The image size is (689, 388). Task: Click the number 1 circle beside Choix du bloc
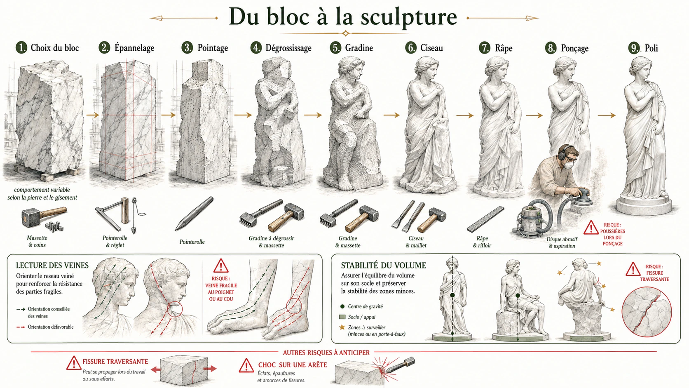coord(21,48)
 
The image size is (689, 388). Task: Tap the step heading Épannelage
coord(134,48)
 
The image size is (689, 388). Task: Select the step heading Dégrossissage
coord(288,48)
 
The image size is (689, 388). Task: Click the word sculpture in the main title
coord(409,17)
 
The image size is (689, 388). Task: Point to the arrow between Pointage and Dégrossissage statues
coord(243,115)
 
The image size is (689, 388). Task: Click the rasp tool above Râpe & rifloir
coord(486,219)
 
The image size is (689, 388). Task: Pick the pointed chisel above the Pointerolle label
coord(194,214)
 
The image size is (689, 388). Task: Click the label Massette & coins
coord(37,242)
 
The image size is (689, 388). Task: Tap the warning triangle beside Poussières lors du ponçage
coord(591,227)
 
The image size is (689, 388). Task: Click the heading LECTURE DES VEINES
coord(52,265)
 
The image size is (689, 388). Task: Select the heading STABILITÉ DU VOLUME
coord(384,265)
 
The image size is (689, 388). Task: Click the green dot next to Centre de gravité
coord(342,306)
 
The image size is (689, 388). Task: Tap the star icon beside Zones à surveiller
coord(342,327)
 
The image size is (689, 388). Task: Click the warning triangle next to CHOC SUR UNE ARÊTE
coord(246,366)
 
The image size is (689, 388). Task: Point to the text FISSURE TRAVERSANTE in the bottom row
coord(115,362)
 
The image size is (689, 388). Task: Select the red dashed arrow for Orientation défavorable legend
coord(21,327)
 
